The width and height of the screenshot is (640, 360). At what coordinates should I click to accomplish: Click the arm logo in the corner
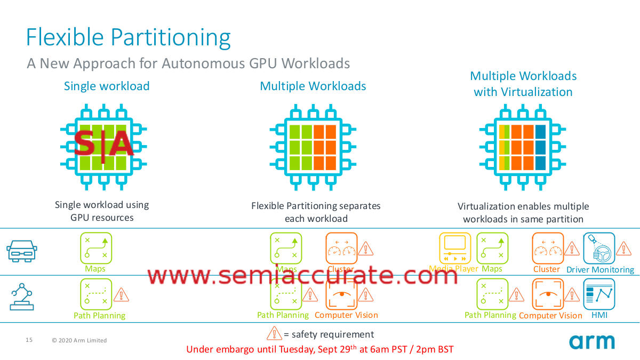[591, 341]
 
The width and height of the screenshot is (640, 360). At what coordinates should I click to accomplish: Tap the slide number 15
[29, 340]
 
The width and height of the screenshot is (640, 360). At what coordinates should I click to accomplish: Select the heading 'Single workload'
[107, 86]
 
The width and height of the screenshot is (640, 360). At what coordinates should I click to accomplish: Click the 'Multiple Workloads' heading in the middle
[313, 86]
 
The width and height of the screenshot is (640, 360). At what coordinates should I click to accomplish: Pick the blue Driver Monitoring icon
[599, 248]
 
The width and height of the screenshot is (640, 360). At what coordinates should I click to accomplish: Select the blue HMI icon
[599, 294]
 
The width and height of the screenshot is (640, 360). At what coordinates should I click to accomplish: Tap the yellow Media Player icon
[454, 248]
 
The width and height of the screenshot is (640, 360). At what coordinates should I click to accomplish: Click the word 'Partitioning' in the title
[172, 38]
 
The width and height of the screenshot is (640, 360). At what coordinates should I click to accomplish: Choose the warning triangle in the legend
[274, 333]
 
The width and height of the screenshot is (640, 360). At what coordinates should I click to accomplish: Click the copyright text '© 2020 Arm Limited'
[79, 340]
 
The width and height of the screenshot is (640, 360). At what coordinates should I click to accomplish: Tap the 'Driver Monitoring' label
[600, 270]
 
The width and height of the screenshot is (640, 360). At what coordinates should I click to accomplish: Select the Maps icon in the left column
[96, 248]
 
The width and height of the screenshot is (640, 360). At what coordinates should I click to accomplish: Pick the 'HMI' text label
[599, 315]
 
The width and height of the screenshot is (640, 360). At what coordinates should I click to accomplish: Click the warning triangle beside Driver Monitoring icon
[623, 248]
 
